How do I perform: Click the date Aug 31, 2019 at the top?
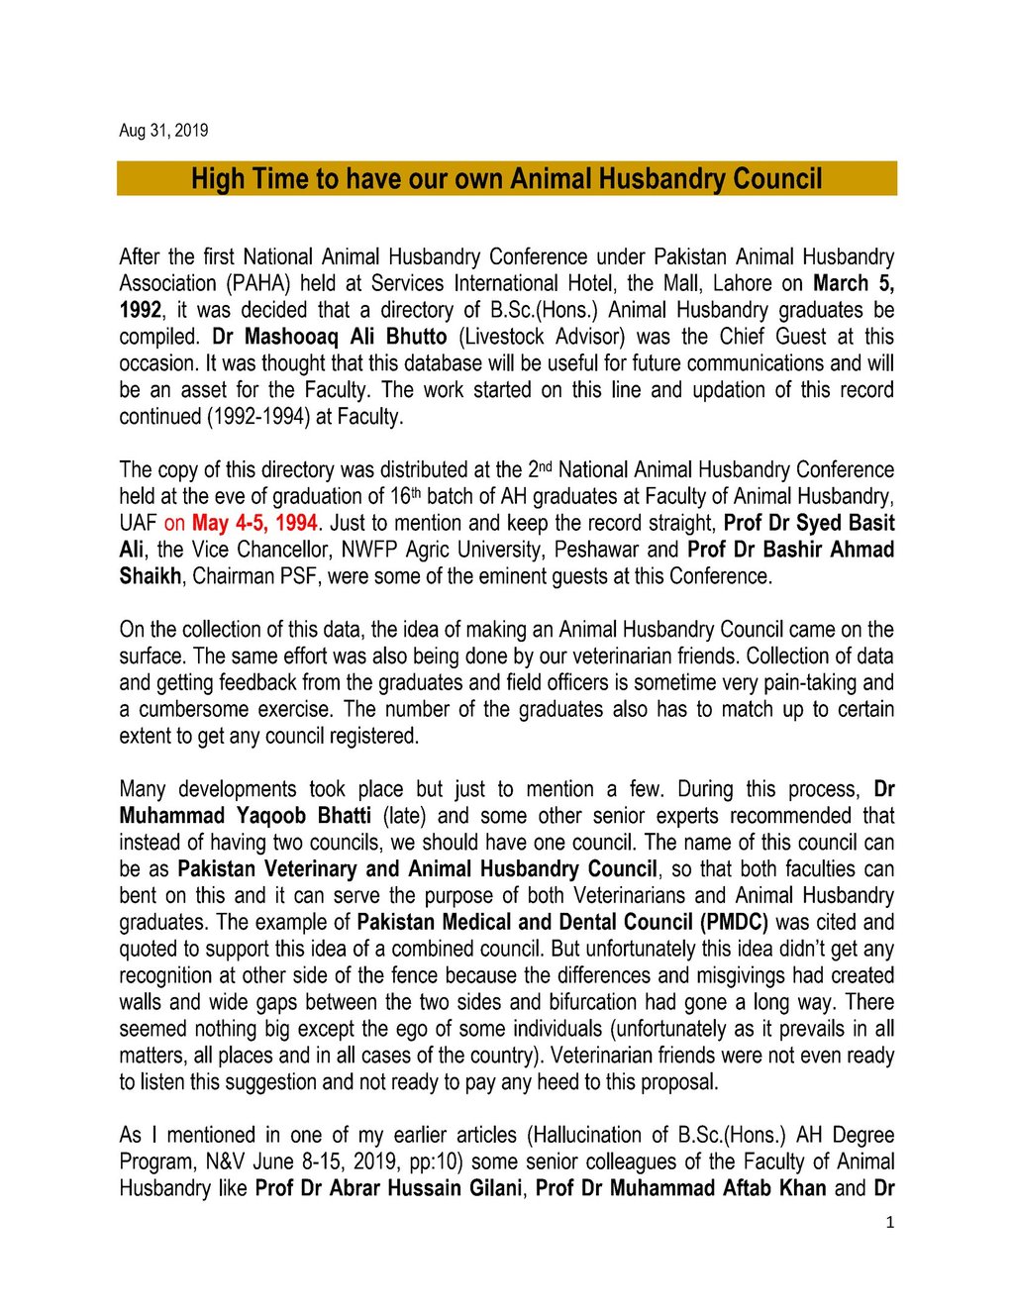(x=163, y=131)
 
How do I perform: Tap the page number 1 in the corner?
(x=889, y=1223)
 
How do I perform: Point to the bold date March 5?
(x=854, y=284)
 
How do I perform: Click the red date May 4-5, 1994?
(x=254, y=524)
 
